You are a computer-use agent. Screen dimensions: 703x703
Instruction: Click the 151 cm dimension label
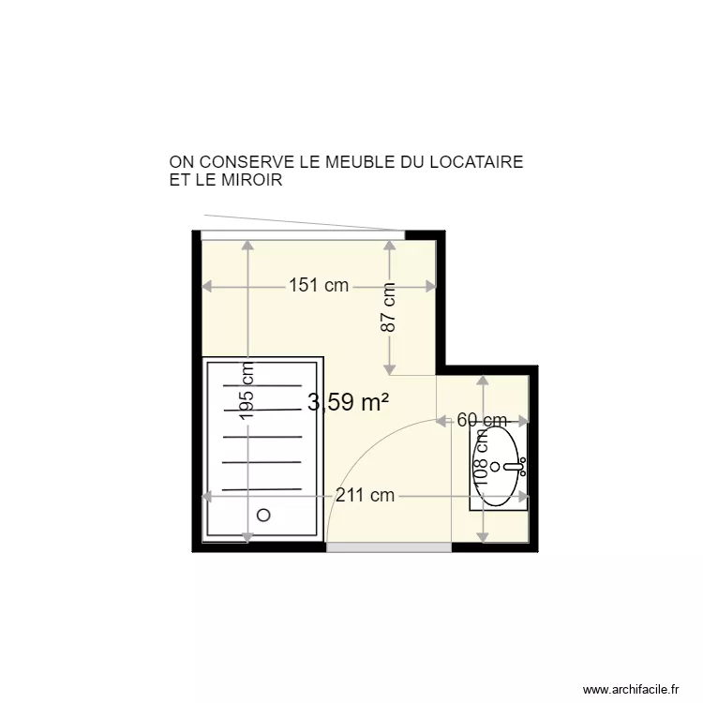tap(319, 285)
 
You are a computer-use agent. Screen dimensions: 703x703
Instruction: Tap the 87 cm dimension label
tap(389, 308)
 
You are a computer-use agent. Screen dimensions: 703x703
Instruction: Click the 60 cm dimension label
tap(482, 421)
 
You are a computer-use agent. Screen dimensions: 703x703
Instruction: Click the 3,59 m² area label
tap(348, 403)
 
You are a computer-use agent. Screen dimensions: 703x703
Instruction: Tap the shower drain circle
tap(263, 514)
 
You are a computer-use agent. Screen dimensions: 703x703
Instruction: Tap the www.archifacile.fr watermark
tap(631, 688)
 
